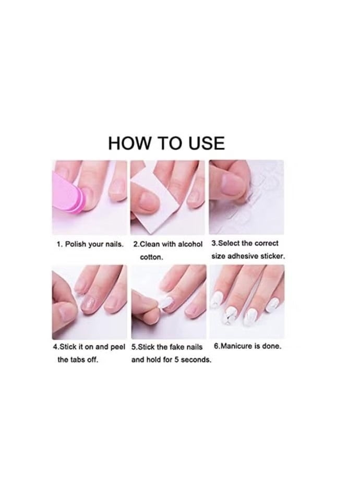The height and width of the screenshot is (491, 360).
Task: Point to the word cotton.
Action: coord(151,257)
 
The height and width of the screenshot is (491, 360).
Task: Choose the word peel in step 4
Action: coord(117,346)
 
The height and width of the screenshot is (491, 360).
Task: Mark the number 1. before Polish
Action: coord(60,244)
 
